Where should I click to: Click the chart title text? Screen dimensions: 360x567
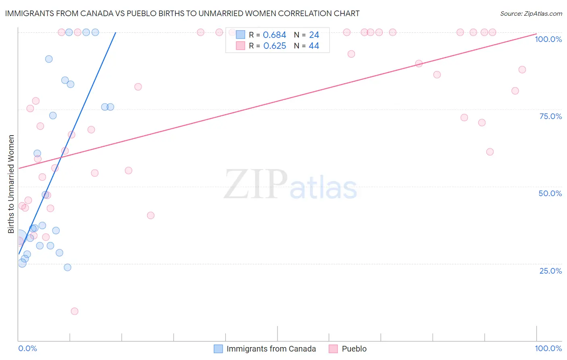(182, 13)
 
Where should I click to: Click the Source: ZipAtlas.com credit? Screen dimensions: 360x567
(531, 13)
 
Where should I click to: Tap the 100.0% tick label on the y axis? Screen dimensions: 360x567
(548, 39)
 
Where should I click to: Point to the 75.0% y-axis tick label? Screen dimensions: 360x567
(550, 116)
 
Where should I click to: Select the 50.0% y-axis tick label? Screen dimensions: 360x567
(550, 193)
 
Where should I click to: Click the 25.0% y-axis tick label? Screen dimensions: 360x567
(550, 270)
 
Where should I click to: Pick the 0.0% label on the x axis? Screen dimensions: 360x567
(27, 348)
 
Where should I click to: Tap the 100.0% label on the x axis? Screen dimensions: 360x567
(548, 348)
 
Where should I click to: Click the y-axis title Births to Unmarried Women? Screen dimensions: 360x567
(11, 184)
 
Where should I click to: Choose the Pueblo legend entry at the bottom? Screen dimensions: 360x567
(354, 349)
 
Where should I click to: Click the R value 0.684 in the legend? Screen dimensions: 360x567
(274, 35)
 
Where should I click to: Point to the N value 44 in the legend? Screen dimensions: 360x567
(314, 46)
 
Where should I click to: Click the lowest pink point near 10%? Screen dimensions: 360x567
(75, 311)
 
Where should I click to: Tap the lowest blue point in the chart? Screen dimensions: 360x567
(67, 267)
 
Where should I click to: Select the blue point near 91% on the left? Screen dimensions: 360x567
(49, 59)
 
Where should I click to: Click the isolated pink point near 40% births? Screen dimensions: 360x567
(151, 215)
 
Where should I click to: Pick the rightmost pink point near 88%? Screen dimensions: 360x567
(522, 69)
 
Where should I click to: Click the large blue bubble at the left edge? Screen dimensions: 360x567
(19, 237)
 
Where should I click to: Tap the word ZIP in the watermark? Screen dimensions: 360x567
(256, 184)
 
